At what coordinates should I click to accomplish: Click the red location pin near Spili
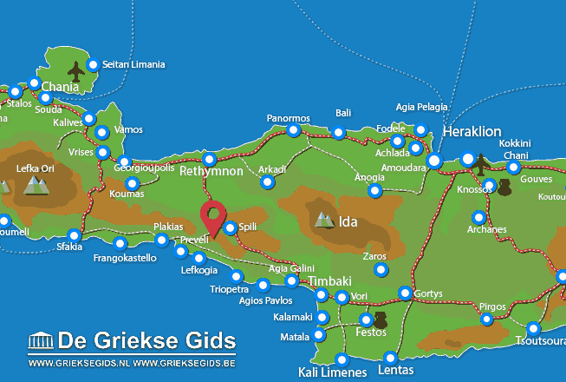click(213, 216)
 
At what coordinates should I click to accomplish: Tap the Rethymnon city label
click(211, 172)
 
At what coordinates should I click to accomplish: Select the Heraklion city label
click(472, 131)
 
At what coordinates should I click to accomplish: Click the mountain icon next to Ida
click(324, 220)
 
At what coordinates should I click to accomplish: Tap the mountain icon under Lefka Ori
click(36, 184)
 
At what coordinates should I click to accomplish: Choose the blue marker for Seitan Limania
click(93, 64)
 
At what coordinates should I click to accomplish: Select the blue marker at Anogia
click(374, 190)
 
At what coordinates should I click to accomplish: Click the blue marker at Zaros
click(381, 270)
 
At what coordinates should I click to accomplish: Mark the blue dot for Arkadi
click(267, 182)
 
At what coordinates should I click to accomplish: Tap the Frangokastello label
click(125, 258)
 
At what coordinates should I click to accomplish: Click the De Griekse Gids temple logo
click(42, 340)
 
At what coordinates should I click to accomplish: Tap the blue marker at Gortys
click(405, 293)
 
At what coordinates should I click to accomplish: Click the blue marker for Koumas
click(133, 183)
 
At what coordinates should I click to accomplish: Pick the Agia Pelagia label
click(422, 107)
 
